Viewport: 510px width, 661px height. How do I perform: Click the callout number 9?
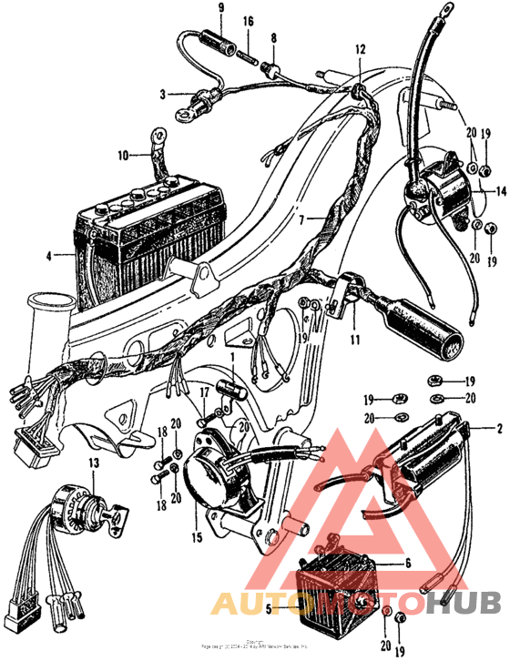click(220, 9)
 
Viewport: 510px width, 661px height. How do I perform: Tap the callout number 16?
click(249, 20)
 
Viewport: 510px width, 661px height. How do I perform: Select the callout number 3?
click(164, 93)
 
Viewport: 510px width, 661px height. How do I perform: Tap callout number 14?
click(499, 192)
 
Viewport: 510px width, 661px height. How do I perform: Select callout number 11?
click(354, 341)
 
